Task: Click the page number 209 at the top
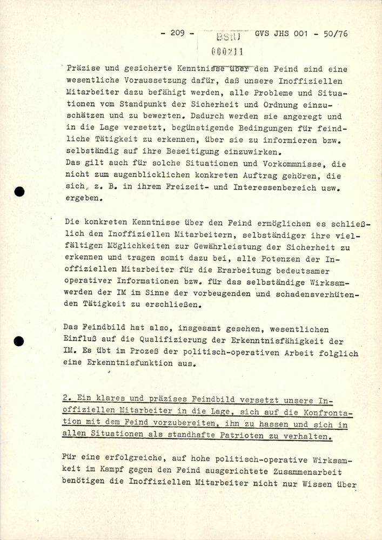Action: (178, 33)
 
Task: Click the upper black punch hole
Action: (20, 192)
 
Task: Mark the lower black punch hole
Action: (20, 341)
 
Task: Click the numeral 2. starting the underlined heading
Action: (67, 399)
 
